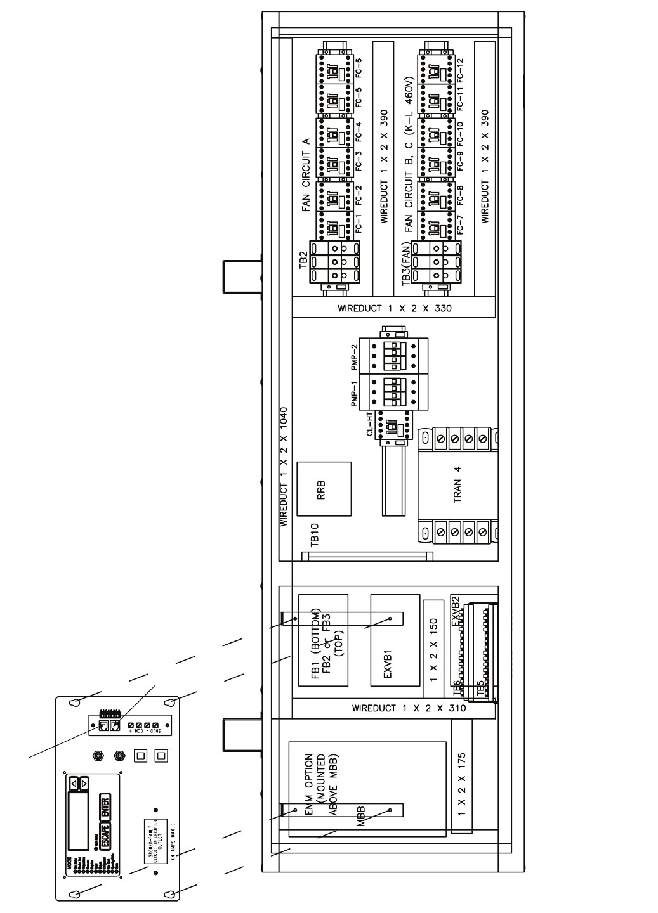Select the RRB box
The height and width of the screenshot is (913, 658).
coord(324,489)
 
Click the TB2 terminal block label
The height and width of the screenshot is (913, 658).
coord(303,260)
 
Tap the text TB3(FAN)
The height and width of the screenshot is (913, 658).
coord(405,267)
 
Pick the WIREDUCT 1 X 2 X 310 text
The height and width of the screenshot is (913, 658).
coord(409,708)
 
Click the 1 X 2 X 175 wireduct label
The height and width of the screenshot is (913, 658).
coord(462,784)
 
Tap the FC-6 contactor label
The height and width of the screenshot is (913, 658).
coord(359,67)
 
